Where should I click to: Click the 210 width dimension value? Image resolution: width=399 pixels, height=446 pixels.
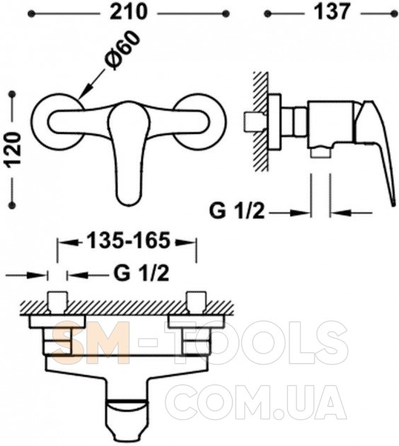point(129,12)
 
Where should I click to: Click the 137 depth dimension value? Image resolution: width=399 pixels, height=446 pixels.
point(332,12)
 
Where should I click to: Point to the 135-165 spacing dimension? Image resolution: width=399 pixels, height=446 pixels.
point(128,241)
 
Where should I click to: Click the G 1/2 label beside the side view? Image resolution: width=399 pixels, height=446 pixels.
point(237,212)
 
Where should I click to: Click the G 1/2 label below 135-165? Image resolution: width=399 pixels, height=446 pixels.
point(141,274)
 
